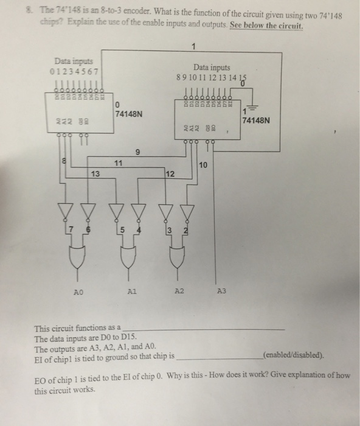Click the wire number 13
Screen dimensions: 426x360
94,175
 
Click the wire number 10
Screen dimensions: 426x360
203,165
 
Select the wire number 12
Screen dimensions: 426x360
170,175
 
